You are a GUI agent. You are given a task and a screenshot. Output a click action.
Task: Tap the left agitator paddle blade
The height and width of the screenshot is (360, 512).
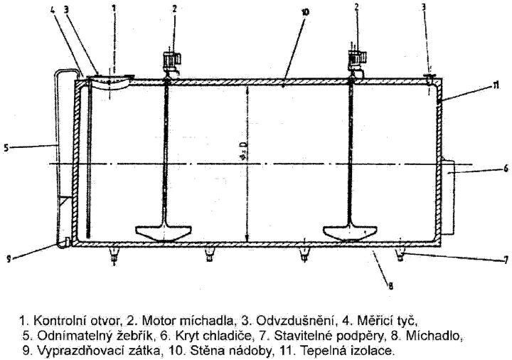click(164, 233)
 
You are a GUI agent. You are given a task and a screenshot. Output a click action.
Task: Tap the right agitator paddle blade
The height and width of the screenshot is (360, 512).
click(351, 233)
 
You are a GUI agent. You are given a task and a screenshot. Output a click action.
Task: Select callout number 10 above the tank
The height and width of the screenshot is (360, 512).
click(305, 12)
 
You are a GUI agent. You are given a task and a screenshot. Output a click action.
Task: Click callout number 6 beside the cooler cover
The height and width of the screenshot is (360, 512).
click(506, 168)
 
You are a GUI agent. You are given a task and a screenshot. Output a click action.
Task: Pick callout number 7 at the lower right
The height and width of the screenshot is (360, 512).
click(506, 260)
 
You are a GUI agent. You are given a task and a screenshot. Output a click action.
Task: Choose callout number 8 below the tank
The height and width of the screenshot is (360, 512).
click(390, 287)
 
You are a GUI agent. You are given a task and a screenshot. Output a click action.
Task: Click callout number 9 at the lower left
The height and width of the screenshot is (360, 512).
click(9, 259)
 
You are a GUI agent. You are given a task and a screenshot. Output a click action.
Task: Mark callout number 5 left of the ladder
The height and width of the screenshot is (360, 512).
click(6, 148)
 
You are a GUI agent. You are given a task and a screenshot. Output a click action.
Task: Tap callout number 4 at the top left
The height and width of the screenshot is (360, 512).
click(53, 9)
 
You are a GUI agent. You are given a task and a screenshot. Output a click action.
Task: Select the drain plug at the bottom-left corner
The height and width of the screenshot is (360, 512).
click(67, 242)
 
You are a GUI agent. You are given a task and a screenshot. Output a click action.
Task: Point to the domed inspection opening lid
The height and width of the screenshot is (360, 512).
click(110, 82)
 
